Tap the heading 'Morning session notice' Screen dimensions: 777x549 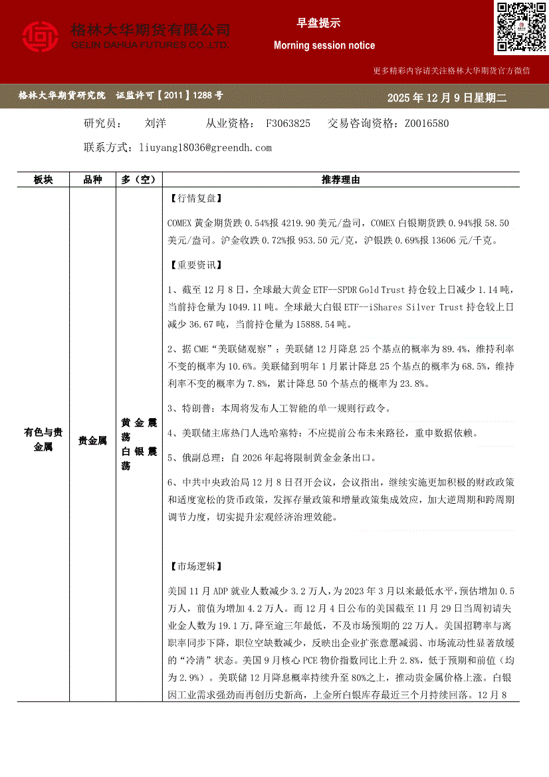pyautogui.click(x=324, y=45)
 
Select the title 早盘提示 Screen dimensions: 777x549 pyautogui.click(x=318, y=23)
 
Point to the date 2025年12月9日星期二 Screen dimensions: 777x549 pyautogui.click(x=447, y=98)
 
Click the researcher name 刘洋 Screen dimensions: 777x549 pyautogui.click(x=155, y=124)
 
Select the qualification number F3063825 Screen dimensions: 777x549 pyautogui.click(x=288, y=124)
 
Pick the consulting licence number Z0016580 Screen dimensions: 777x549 pyautogui.click(x=426, y=124)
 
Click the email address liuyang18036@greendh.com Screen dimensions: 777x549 pyautogui.click(x=205, y=148)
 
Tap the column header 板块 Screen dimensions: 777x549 pyautogui.click(x=43, y=180)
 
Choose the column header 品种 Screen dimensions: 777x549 pyautogui.click(x=92, y=180)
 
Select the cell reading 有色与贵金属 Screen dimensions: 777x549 pyautogui.click(x=43, y=440)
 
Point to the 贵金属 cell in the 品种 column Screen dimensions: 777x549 pyautogui.click(x=92, y=440)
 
